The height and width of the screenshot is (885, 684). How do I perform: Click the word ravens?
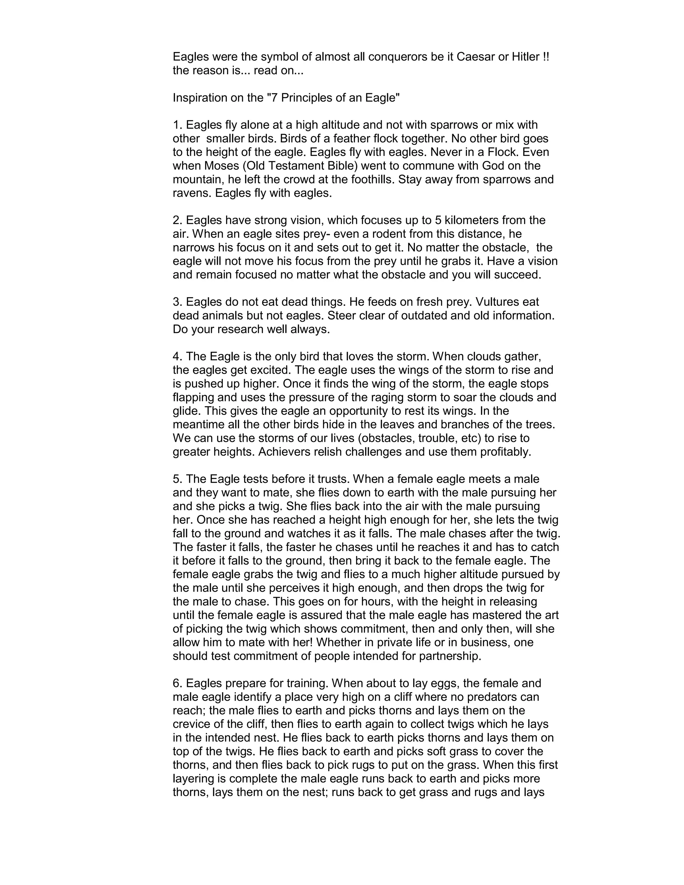click(x=192, y=193)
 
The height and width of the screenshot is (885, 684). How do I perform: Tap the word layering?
click(x=195, y=779)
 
